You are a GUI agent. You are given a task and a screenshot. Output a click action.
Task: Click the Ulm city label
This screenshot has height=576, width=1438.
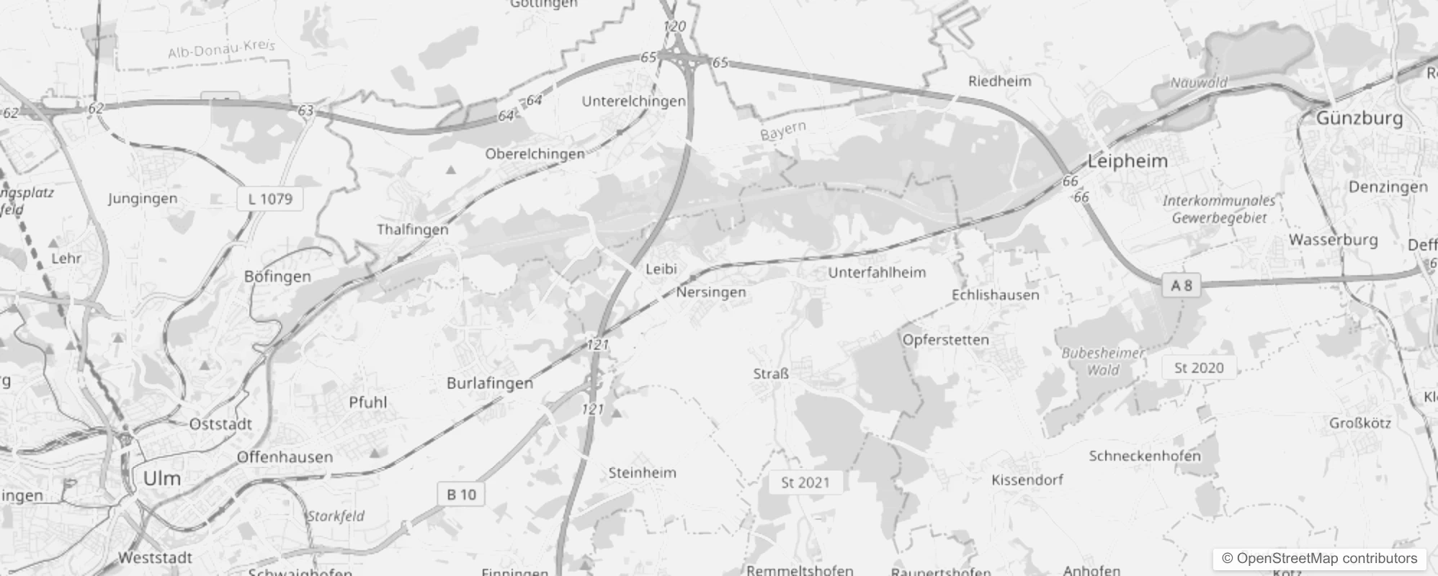pos(161,478)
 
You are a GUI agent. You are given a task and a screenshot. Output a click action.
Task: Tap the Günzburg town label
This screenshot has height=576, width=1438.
pos(1359,118)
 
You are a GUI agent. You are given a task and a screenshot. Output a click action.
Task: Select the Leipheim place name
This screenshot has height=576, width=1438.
pos(1127,161)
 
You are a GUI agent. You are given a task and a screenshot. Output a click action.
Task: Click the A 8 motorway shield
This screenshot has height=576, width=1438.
pos(1181,286)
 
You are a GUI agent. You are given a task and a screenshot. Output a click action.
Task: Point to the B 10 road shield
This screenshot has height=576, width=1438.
pos(461,495)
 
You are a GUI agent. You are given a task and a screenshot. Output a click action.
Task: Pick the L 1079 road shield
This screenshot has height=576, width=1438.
pos(270,199)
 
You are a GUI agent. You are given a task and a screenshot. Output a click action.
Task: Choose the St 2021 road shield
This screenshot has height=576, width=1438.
pos(805,482)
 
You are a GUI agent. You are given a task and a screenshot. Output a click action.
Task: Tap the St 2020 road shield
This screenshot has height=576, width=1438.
pos(1198,368)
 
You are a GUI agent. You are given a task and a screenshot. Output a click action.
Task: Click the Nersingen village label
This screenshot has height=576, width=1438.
pos(710,292)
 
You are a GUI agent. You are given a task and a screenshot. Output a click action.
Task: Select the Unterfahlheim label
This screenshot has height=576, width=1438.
pos(876,273)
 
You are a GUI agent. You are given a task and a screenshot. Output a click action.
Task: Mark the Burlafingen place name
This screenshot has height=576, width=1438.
pos(489,383)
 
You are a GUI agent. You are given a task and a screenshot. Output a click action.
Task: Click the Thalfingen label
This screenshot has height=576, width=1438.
pos(412,230)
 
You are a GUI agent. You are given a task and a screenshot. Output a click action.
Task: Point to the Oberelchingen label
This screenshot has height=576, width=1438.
pos(535,154)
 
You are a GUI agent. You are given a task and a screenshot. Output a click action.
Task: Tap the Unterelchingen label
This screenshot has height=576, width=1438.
pos(633,102)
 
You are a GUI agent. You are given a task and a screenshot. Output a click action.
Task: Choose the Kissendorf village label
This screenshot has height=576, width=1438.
pos(1027,480)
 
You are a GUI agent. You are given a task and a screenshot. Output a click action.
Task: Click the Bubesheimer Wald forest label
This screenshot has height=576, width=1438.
pos(1102,361)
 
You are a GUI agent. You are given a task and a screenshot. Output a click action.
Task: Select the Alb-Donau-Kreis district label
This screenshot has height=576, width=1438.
pos(221,49)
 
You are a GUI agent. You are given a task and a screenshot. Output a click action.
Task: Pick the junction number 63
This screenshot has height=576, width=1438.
pos(305,110)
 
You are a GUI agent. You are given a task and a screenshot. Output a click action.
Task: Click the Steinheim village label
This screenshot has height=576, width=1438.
pos(642,473)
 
